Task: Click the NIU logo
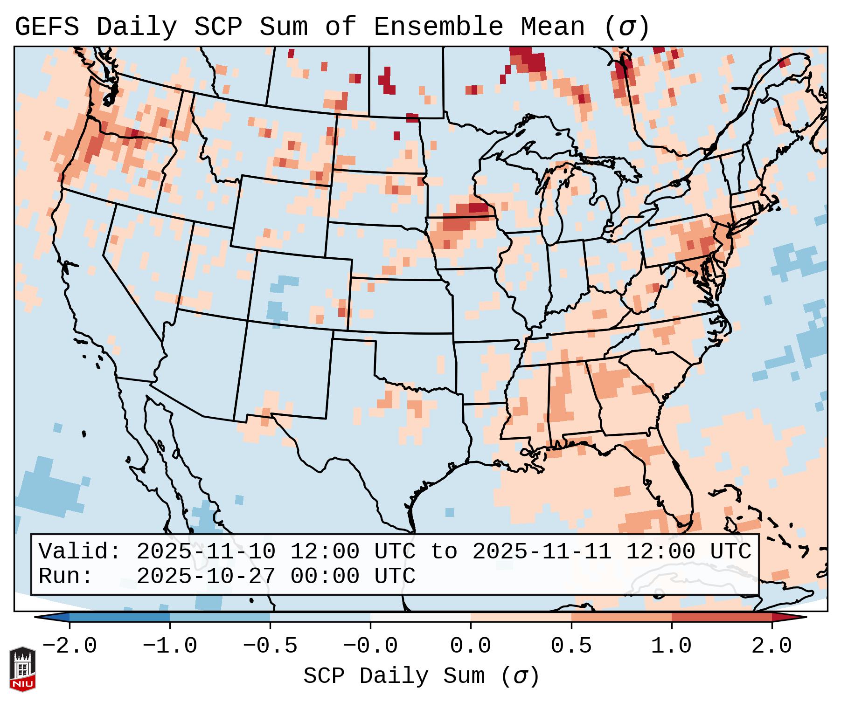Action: [22, 669]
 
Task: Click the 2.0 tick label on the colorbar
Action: [771, 646]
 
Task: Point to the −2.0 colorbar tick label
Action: [70, 646]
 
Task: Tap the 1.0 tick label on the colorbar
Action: [671, 646]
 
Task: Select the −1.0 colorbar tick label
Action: [170, 646]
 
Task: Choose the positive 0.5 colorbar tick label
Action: [571, 646]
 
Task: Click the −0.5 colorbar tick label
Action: [270, 646]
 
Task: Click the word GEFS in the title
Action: [47, 27]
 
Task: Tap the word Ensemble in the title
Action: [438, 27]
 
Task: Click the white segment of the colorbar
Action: [420, 617]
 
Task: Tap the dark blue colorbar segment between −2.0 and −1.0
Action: [119, 617]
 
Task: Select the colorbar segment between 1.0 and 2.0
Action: [722, 617]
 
